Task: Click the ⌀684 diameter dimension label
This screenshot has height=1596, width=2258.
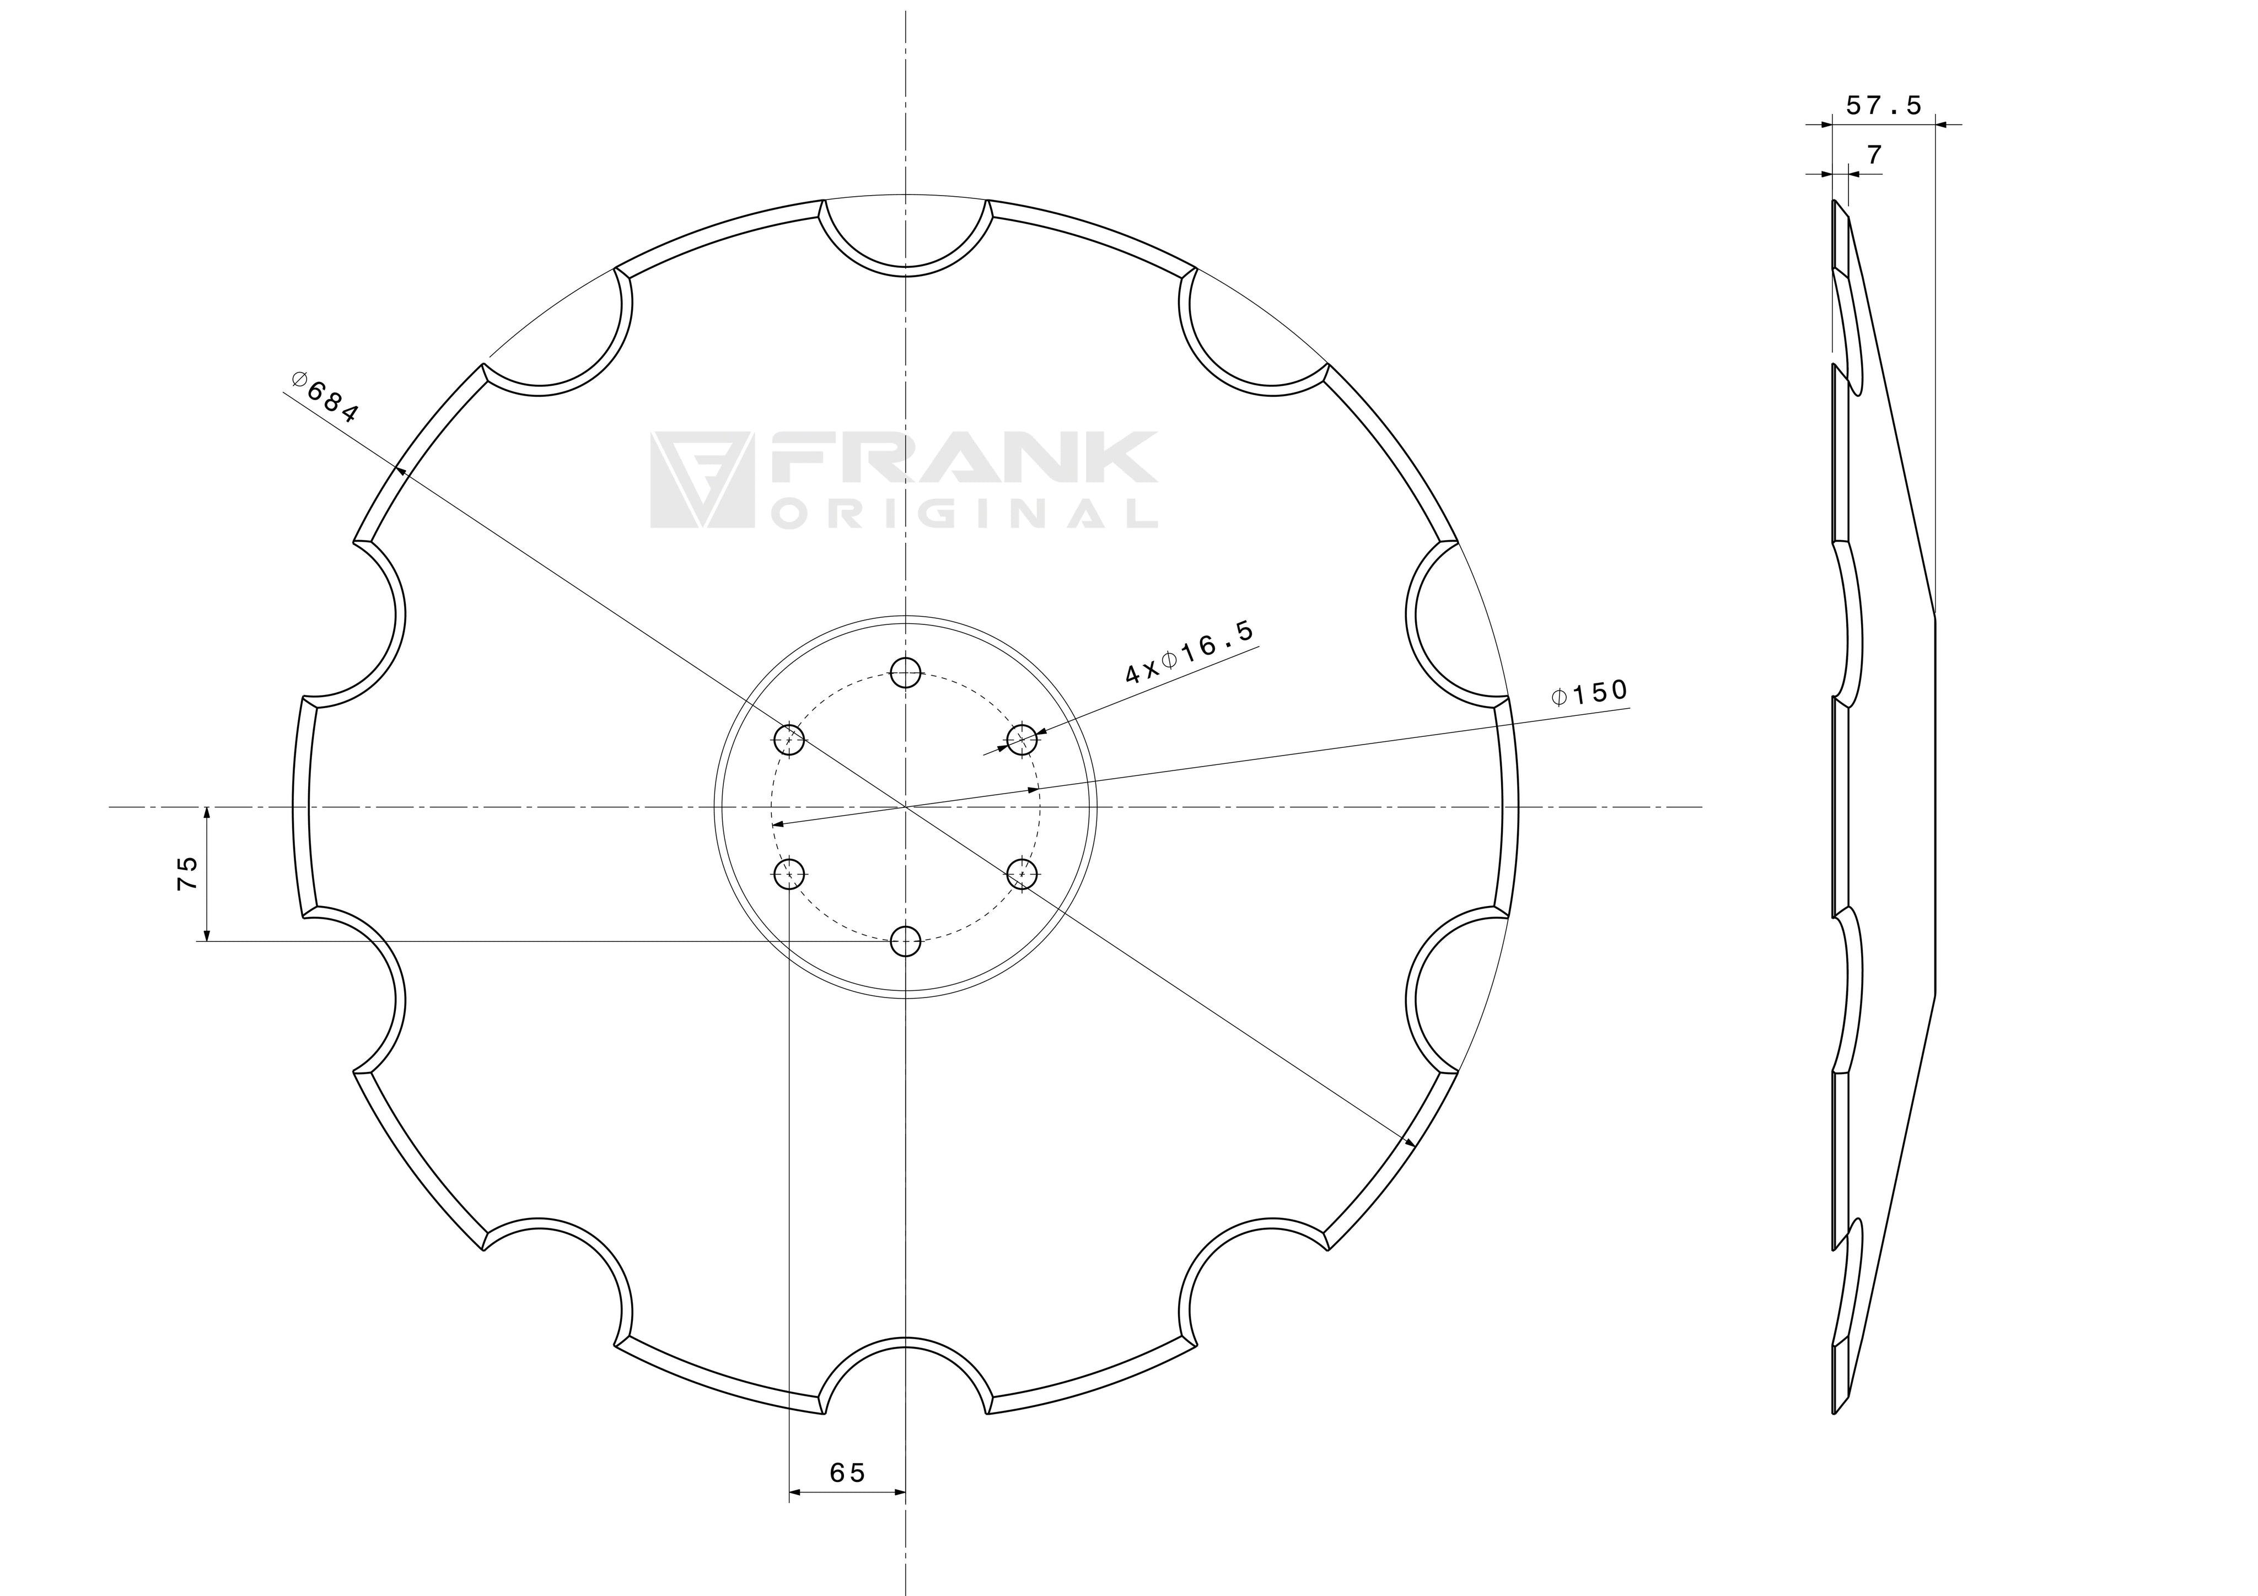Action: (x=325, y=396)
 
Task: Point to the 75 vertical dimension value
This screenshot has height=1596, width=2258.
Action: (x=187, y=872)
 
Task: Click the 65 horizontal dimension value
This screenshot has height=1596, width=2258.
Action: (x=848, y=1472)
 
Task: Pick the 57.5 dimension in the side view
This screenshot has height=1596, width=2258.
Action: (x=1883, y=105)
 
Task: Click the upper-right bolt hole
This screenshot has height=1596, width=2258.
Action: (x=1022, y=738)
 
